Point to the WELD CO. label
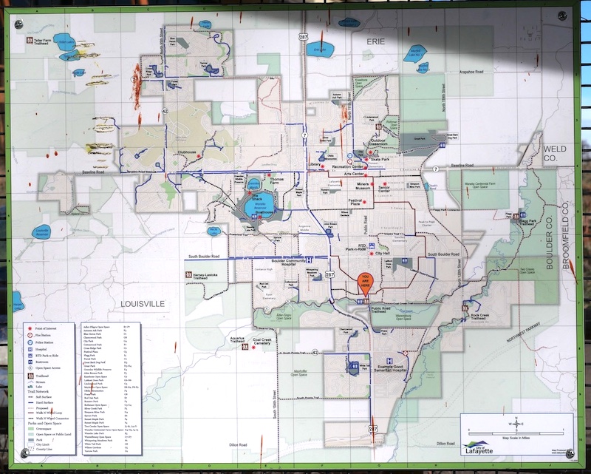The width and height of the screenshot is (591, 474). [x=554, y=152]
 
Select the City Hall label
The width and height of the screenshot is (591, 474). [x=383, y=254]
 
